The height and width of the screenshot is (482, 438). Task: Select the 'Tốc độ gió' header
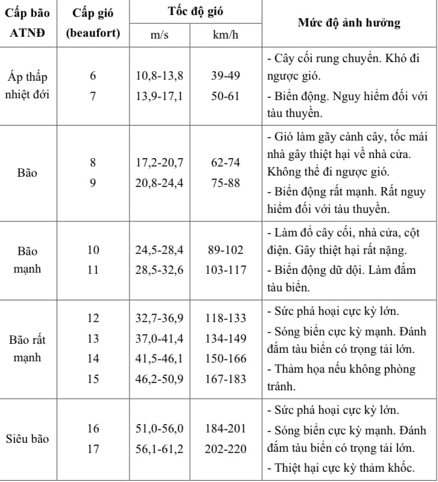(x=195, y=12)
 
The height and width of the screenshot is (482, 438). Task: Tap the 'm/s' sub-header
(x=160, y=36)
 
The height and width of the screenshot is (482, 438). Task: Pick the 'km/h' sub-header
(x=226, y=36)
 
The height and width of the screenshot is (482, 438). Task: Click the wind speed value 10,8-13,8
(x=159, y=77)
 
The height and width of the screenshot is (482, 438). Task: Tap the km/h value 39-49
(x=226, y=77)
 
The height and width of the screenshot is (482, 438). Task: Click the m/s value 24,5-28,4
(x=159, y=250)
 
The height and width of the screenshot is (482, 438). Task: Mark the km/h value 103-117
(x=226, y=270)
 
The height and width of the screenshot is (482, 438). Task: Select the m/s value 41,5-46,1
(x=159, y=358)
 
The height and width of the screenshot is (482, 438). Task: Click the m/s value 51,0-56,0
(x=159, y=428)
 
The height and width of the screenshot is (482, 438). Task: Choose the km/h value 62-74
(x=226, y=163)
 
